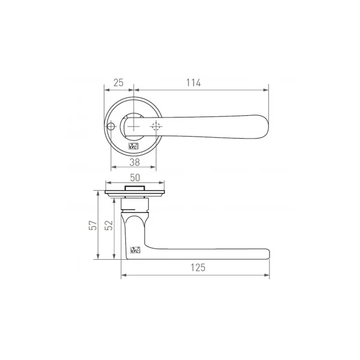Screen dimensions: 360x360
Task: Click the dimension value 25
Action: (x=118, y=83)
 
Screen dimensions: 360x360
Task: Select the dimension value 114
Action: (x=193, y=83)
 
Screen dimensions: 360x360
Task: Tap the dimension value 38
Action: (x=134, y=163)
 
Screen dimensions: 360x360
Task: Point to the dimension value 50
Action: (x=135, y=178)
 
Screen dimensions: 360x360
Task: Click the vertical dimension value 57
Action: (x=93, y=225)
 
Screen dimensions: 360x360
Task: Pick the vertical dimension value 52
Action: (x=109, y=225)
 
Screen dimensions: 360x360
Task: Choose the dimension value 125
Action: (x=198, y=268)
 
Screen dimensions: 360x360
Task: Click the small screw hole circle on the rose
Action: (x=110, y=127)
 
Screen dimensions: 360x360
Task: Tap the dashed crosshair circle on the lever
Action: (x=156, y=127)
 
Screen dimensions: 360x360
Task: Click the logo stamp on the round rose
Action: (x=133, y=146)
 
